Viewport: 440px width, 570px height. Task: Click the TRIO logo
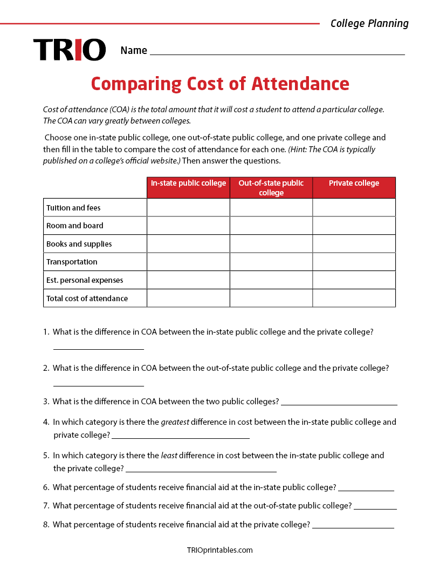pos(70,50)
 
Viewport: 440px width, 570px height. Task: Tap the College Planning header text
pos(369,23)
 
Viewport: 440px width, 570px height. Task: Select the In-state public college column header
pos(188,184)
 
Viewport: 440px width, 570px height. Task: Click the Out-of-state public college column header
pos(271,188)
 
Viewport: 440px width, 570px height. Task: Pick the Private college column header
pos(354,184)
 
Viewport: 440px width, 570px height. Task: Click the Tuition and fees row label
pos(73,208)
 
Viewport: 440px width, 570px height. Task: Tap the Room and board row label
pos(75,226)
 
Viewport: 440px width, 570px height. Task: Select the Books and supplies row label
pos(79,244)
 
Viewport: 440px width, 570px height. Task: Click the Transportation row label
pos(72,262)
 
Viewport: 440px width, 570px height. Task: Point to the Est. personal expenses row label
pos(85,280)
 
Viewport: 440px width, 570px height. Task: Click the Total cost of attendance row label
pos(87,298)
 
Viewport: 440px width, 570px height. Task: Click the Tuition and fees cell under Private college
pos(354,208)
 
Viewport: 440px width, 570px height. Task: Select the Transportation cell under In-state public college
pos(188,262)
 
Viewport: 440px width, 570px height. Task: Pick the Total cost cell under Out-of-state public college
pos(271,298)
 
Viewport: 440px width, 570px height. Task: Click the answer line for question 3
pos(339,403)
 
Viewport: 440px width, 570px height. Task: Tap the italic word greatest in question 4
pos(175,422)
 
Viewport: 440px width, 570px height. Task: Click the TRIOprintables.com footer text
pos(219,550)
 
